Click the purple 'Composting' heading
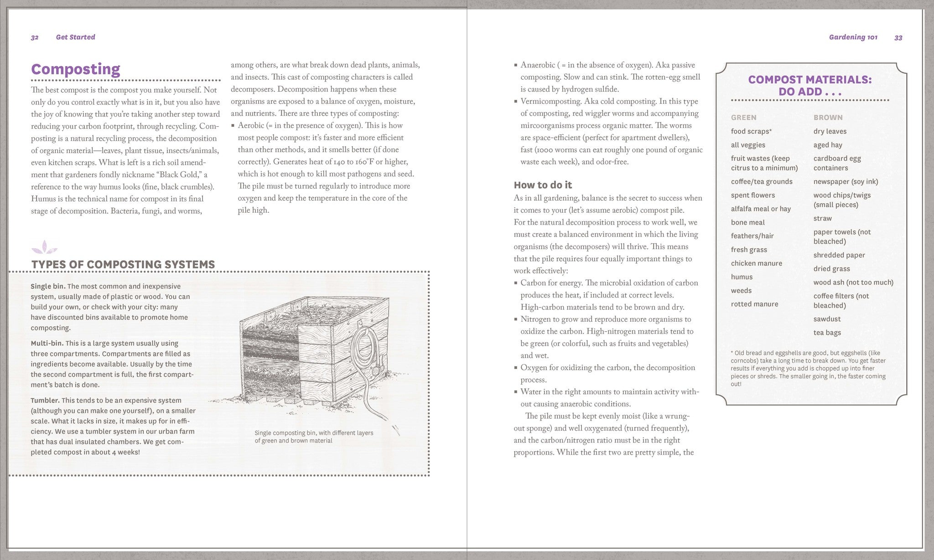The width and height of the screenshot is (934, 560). tap(76, 69)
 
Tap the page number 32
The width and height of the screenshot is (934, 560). tap(35, 37)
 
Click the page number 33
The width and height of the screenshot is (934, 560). tap(898, 38)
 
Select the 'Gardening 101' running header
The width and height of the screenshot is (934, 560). tap(853, 37)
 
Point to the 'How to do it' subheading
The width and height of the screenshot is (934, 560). tap(542, 185)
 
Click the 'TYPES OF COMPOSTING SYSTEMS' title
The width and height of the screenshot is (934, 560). tap(123, 265)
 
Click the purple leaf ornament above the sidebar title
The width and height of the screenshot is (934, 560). tap(44, 248)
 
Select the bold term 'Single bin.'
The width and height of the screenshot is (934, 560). tap(48, 287)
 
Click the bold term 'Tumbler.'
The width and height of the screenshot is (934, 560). tap(45, 401)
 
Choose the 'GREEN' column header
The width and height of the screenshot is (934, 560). tap(743, 118)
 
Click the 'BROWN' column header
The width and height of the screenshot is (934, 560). tap(828, 118)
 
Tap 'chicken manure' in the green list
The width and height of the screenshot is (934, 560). tap(756, 263)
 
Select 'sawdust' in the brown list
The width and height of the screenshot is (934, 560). tap(827, 319)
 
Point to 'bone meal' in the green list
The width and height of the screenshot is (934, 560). tap(747, 222)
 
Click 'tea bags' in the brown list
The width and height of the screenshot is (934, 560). tap(827, 333)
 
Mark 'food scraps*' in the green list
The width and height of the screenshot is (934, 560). tap(751, 131)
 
